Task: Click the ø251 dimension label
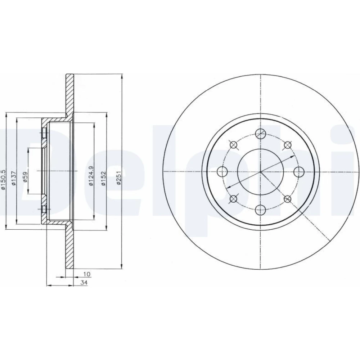pyautogui.click(x=118, y=178)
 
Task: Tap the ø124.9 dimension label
pyautogui.click(x=91, y=176)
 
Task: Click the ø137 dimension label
pyautogui.click(x=14, y=178)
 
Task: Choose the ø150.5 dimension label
pyautogui.click(x=3, y=180)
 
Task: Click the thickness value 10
pyautogui.click(x=87, y=274)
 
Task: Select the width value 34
pyautogui.click(x=84, y=283)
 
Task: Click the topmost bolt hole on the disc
pyautogui.click(x=260, y=134)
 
